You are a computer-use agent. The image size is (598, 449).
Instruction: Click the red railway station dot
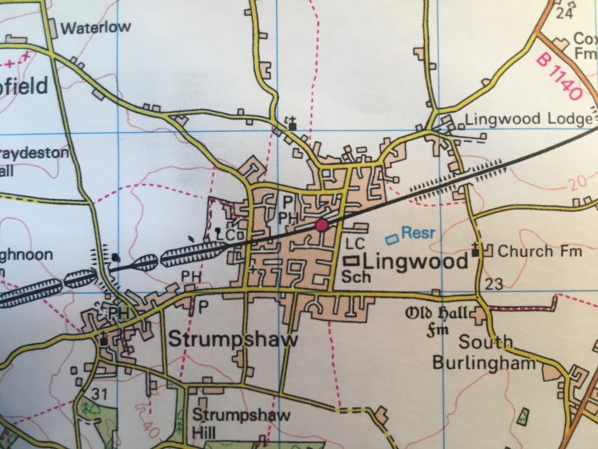tap(322, 225)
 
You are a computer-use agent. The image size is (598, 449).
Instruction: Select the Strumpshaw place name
tap(233, 339)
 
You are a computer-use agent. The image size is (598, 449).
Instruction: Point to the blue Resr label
tap(416, 232)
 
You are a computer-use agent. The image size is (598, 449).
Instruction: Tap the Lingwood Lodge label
tap(528, 119)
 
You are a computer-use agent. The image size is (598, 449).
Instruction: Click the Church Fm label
tap(538, 252)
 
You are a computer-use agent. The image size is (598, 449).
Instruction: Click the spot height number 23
tap(495, 284)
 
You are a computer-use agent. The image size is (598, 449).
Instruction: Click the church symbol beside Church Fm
tap(478, 251)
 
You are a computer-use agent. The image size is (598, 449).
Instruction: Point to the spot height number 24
tap(566, 13)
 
